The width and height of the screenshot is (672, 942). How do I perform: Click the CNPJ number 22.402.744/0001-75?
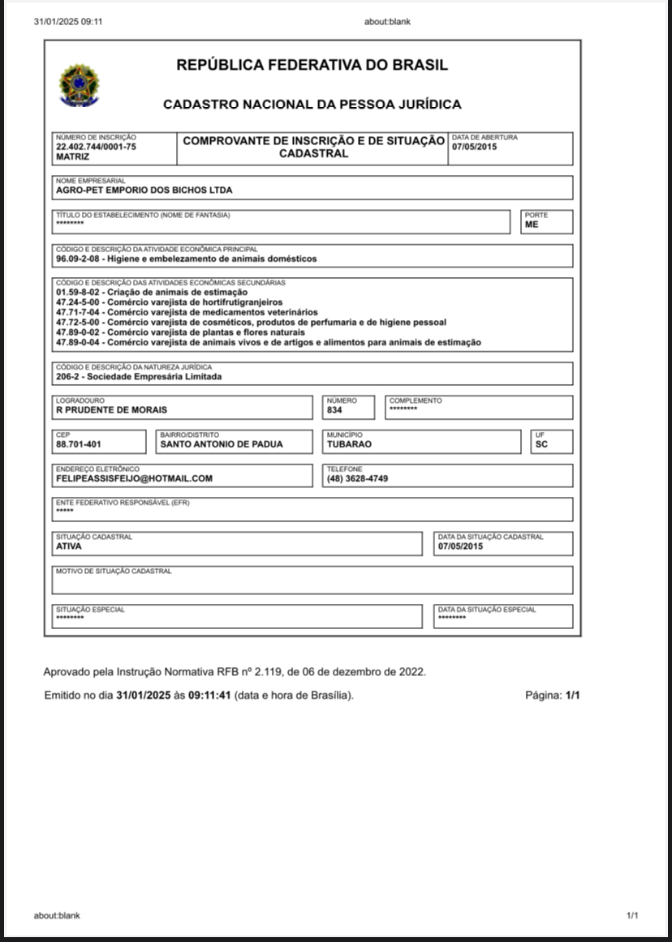point(96,147)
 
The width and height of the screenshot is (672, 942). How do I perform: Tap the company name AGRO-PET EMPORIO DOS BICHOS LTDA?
point(144,191)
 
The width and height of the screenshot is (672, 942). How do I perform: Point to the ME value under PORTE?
point(532,225)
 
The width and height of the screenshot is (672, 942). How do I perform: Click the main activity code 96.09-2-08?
point(79,259)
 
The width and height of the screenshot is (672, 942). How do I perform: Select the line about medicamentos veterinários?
point(187,311)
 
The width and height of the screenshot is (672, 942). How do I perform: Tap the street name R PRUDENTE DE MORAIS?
point(111,409)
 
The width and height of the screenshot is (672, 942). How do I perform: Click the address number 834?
point(334,410)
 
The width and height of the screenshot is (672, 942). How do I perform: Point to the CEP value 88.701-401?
point(79,444)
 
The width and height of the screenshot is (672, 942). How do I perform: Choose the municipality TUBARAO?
point(349,444)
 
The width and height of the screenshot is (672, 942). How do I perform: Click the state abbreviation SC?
point(541,444)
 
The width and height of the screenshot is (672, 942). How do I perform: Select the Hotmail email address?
point(134,478)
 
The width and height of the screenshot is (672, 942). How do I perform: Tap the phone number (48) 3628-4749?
point(357,478)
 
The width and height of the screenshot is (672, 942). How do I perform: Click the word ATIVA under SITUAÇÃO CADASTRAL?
point(69,546)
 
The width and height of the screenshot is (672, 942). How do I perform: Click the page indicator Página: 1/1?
point(553,696)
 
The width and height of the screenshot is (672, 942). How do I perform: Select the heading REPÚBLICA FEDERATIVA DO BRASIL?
point(312,66)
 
